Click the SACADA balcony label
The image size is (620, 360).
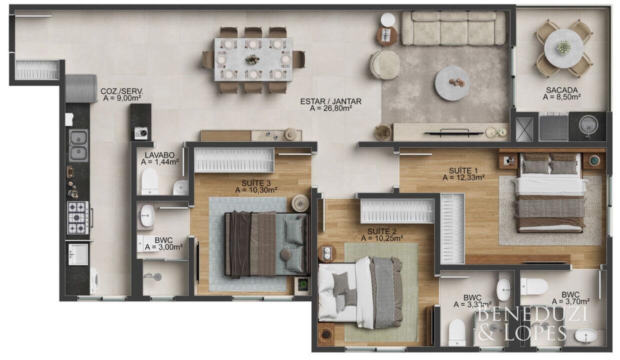(x=561, y=90)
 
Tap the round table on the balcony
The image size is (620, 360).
(x=563, y=48)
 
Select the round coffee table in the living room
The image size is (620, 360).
(x=452, y=83)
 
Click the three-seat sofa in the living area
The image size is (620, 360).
(x=453, y=28)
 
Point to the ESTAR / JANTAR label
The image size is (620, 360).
(x=330, y=101)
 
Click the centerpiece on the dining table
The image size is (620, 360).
(x=252, y=59)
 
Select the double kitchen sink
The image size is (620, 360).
(x=78, y=145)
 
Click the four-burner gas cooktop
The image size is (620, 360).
(x=78, y=217)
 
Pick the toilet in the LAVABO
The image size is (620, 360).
(x=149, y=180)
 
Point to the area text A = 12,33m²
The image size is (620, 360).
(x=463, y=177)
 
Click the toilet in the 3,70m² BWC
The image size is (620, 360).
(x=534, y=286)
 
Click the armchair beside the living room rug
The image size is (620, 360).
(x=385, y=65)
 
